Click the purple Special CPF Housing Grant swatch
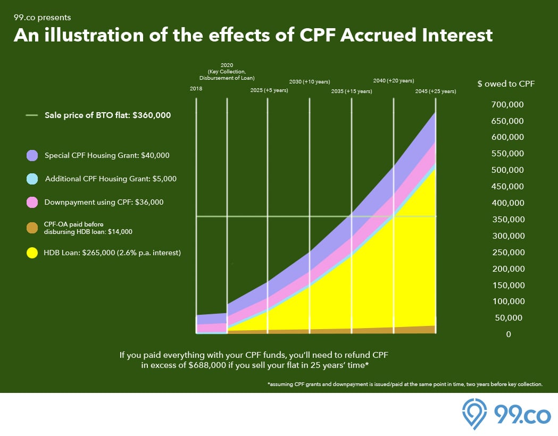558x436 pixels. [x=32, y=155]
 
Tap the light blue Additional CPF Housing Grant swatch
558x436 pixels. [x=32, y=179]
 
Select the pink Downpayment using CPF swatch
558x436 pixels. [x=32, y=203]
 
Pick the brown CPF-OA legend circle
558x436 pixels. [x=32, y=228]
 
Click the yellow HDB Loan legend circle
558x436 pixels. [x=32, y=253]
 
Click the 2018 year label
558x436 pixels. [x=196, y=89]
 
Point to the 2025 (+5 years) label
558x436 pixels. [x=269, y=90]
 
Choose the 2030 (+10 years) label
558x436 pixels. [x=310, y=82]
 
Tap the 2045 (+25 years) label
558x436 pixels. [x=436, y=91]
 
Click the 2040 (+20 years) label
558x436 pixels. [x=394, y=81]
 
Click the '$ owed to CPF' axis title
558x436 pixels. [x=506, y=83]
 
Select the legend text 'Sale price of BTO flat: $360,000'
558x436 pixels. [x=107, y=115]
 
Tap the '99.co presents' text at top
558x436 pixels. [x=42, y=18]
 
